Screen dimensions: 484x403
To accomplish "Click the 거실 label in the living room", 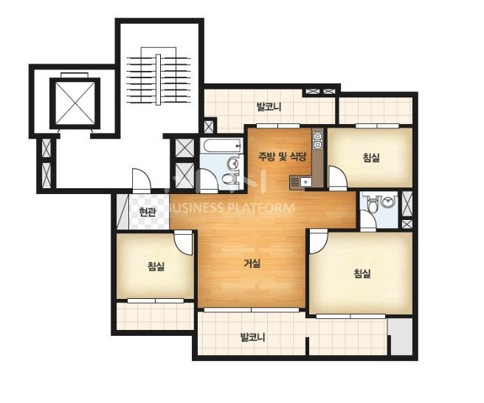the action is [x=252, y=263].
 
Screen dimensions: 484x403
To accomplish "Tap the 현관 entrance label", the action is [x=147, y=212].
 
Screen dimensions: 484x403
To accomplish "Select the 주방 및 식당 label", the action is [x=282, y=157].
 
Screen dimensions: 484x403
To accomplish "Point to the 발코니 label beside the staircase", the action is [x=269, y=107].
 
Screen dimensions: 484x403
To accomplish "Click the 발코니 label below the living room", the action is [x=252, y=337].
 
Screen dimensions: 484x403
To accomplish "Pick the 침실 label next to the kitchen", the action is [x=371, y=157].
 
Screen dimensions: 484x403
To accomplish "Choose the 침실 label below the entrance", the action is [x=156, y=266].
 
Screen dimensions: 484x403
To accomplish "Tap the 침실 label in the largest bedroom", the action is [x=362, y=273].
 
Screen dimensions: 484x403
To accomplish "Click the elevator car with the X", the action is [x=75, y=103].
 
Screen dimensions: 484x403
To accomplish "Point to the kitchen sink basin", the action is [x=305, y=182].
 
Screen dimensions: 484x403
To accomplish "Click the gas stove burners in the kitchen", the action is [x=317, y=140].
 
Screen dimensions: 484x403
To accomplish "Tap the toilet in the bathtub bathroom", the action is [x=230, y=179].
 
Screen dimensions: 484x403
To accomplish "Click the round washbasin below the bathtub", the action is [x=232, y=163].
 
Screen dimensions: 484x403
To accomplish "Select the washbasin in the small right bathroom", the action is [x=387, y=201].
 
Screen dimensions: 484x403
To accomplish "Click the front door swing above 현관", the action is [x=142, y=182].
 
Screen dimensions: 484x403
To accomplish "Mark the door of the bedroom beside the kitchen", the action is [x=337, y=179].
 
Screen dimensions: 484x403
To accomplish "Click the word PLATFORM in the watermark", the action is [x=260, y=208].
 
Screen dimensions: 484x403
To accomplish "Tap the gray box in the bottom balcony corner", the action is [x=400, y=337].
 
